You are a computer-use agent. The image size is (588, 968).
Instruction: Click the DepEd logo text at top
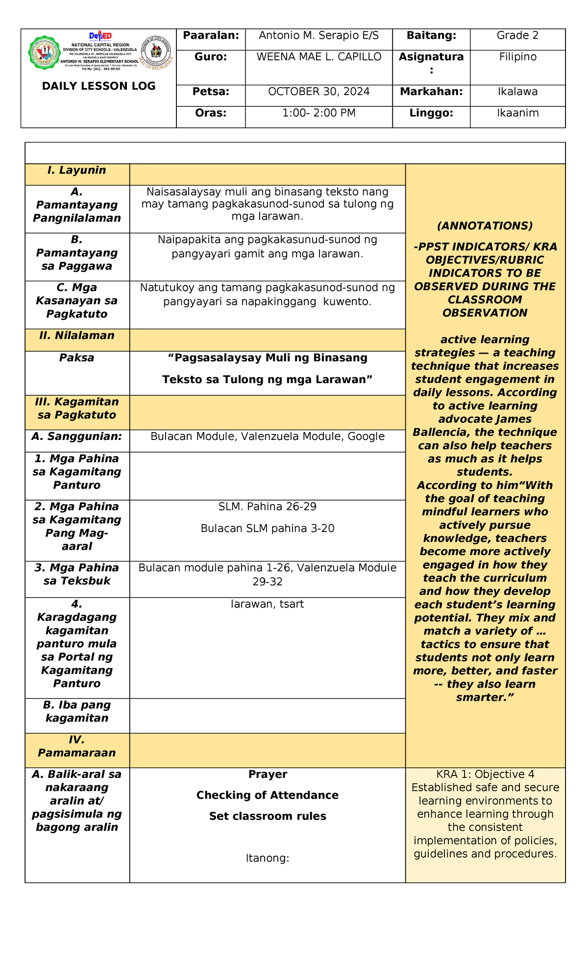click(100, 36)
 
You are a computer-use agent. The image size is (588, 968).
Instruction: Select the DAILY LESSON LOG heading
click(98, 86)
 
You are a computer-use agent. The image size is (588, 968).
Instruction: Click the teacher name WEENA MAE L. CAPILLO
click(318, 57)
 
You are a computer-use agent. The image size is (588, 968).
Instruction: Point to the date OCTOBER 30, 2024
click(318, 92)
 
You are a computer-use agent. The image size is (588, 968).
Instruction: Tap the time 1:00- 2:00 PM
click(318, 113)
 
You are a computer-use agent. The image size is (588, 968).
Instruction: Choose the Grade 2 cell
click(517, 35)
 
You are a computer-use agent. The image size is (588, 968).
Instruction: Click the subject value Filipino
click(517, 57)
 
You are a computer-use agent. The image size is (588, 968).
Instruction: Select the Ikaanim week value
click(517, 113)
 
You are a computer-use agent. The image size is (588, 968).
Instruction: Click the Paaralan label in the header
click(211, 35)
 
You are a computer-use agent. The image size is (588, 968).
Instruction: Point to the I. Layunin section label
click(77, 170)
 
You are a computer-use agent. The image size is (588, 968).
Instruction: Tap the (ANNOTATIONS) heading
click(485, 226)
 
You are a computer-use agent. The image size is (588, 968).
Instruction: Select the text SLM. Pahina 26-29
click(268, 507)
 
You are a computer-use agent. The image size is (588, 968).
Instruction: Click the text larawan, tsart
click(268, 604)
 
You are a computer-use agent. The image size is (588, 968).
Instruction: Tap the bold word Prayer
click(268, 774)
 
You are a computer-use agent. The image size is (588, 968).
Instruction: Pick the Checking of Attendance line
click(268, 795)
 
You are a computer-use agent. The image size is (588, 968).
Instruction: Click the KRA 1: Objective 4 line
click(485, 774)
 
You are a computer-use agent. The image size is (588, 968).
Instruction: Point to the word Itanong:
click(268, 858)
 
